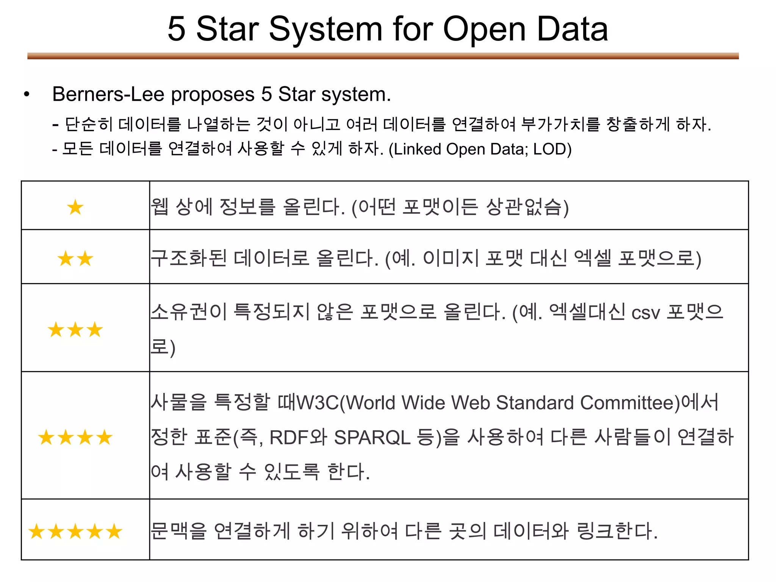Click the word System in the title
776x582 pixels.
pos(325,30)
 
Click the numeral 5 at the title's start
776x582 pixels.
pos(177,30)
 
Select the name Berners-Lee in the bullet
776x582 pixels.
pos(108,94)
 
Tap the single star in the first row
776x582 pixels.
pos(75,207)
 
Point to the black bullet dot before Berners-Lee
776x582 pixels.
pos(26,94)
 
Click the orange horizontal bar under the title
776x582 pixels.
pos(383,56)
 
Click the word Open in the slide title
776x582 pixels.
pos(485,30)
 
